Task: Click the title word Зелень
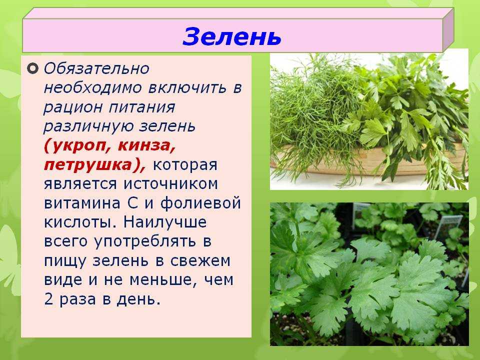click(231, 36)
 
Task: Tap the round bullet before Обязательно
click(32, 68)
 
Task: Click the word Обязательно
click(96, 68)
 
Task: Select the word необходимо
click(92, 88)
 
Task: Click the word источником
click(171, 184)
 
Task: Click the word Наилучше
click(165, 222)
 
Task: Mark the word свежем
click(200, 261)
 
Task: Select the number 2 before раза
click(48, 299)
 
